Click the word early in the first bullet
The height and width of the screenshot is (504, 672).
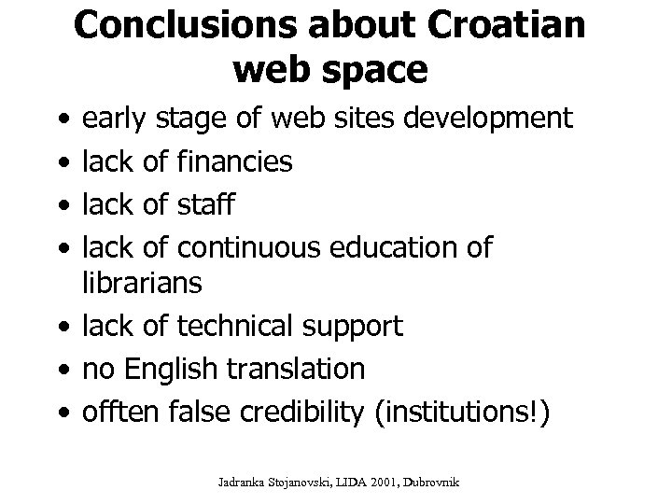click(x=115, y=119)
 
